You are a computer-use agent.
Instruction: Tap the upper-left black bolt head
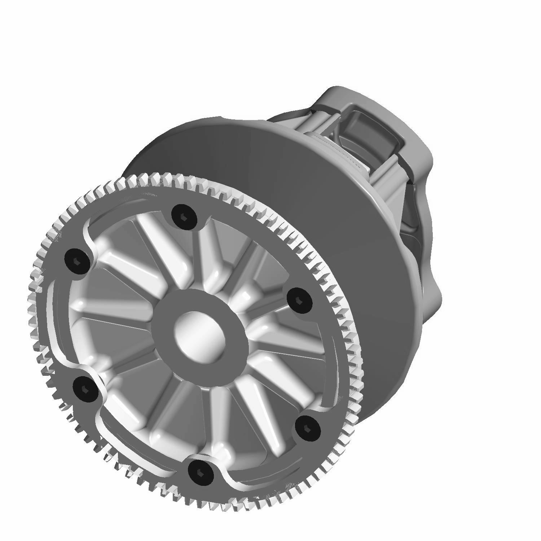coord(77,261)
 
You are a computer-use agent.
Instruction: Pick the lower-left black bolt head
coord(85,389)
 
